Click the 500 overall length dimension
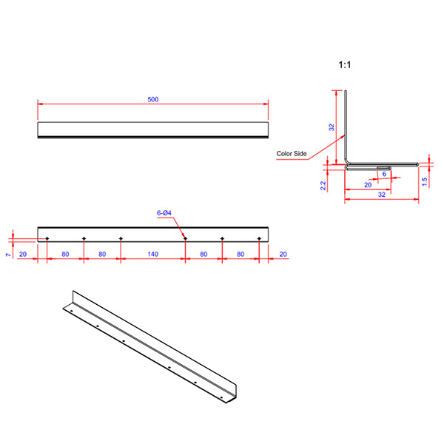pyautogui.click(x=153, y=99)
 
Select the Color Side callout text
pyautogui.click(x=291, y=154)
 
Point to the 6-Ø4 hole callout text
pyautogui.click(x=164, y=213)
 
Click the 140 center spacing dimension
pyautogui.click(x=152, y=254)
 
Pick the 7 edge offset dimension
pyautogui.click(x=7, y=254)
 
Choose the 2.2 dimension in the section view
pyautogui.click(x=323, y=186)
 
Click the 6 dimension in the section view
pyautogui.click(x=384, y=174)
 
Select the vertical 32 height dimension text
pyautogui.click(x=331, y=127)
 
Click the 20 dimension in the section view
pyautogui.click(x=368, y=185)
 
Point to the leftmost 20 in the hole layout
pyautogui.click(x=23, y=254)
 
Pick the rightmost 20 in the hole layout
pyautogui.click(x=284, y=254)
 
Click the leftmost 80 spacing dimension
pyautogui.click(x=65, y=254)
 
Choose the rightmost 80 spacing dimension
pyautogui.click(x=240, y=254)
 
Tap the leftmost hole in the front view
pyautogui.click(x=47, y=238)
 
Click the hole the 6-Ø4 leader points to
pyautogui.click(x=185, y=238)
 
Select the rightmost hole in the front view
pyautogui.click(x=259, y=238)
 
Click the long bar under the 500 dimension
pyautogui.click(x=152, y=129)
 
